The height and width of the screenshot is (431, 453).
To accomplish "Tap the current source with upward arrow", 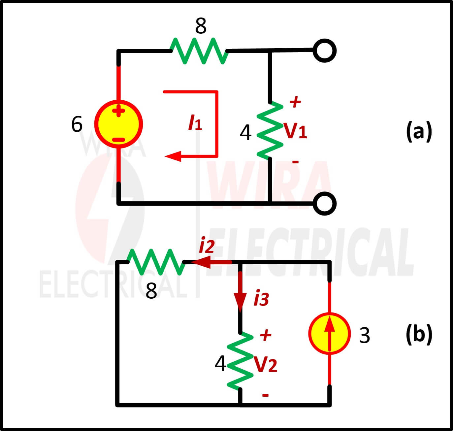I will (329, 334).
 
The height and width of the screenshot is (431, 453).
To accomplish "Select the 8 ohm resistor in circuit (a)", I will (199, 51).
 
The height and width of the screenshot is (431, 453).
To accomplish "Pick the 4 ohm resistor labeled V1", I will (270, 131).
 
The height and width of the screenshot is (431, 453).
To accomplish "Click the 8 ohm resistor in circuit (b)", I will (155, 262).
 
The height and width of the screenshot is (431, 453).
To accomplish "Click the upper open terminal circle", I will (324, 50).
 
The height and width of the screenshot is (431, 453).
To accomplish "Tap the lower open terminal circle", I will (324, 203).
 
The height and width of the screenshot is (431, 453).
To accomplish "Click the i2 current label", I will (207, 246).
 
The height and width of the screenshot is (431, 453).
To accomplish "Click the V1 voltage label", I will (295, 131).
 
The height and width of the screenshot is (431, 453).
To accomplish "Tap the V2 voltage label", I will (265, 365).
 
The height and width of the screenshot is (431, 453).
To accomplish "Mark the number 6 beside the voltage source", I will (77, 124).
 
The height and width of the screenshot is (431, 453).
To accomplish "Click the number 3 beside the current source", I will (364, 335).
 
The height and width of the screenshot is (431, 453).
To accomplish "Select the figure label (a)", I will (419, 131).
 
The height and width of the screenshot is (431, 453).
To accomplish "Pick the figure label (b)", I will (419, 334).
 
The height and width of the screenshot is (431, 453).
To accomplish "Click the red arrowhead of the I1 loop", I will (173, 156).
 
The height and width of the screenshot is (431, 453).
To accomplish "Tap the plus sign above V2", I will (265, 335).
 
